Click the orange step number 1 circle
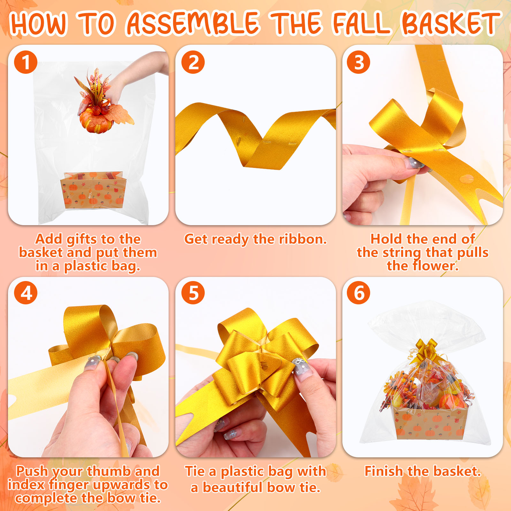click(26, 62)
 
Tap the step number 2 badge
click(193, 62)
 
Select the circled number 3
click(359, 62)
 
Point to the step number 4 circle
click(26, 293)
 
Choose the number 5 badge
click(193, 293)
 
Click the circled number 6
click(359, 293)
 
